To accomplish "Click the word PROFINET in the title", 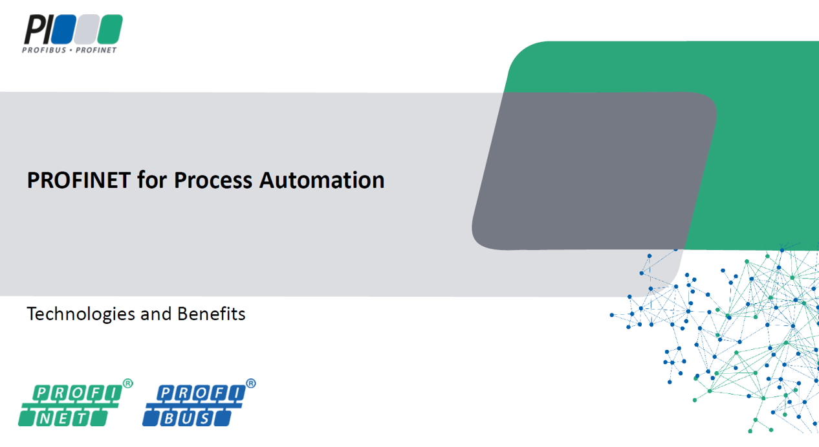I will pos(78,180).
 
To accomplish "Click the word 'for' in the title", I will pos(151,180).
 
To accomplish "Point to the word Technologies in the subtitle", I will pos(81,314).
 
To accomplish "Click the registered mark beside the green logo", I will pos(127,384).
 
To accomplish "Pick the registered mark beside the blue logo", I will pos(250,384).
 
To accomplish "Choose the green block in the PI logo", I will pos(109,29).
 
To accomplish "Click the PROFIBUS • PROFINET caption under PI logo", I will pos(70,50).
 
